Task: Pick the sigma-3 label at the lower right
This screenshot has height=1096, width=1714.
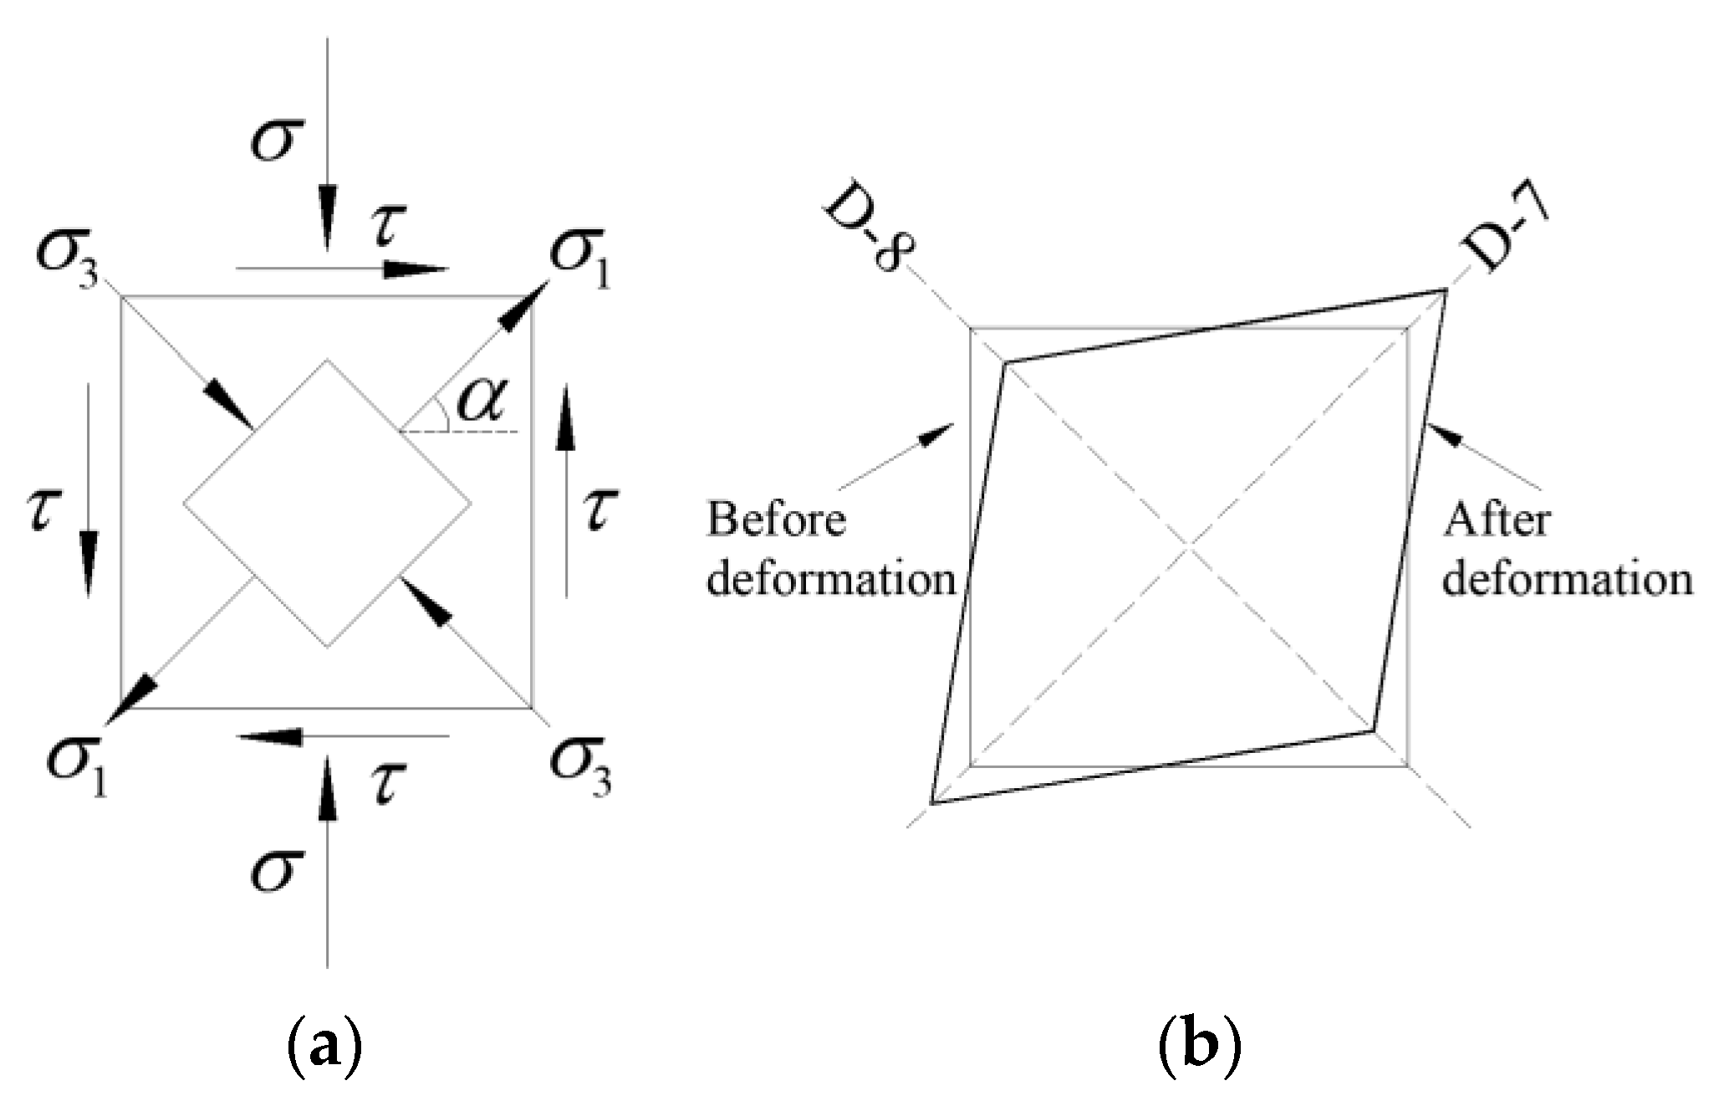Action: coord(579,763)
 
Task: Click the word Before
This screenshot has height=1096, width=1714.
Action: coord(777,520)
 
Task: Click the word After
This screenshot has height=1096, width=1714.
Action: coord(1497,520)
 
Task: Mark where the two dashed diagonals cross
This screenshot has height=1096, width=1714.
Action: coord(1188,546)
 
